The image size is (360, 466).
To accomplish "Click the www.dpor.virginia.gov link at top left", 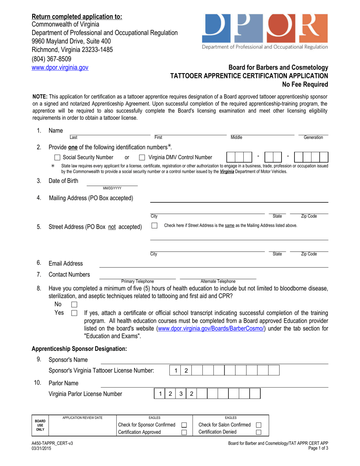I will pos(60,68).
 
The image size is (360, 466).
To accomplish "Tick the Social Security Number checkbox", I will pos(58,157).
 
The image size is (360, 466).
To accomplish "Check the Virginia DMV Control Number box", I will pos(142,157).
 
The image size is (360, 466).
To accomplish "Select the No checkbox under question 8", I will pos(74,305).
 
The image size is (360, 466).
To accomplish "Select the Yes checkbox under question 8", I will pos(74,313).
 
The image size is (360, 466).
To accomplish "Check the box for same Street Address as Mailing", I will pos(154,225).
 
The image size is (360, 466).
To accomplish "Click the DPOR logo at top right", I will pos(265,31).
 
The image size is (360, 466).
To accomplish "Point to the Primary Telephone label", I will pos(138,281).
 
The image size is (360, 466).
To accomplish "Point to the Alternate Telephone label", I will pos(218,281).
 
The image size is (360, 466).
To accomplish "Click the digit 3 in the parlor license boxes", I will pos(181,394).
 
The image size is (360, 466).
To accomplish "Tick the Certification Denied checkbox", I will pos(259,432).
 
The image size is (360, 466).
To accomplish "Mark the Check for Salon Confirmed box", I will pos(259,425).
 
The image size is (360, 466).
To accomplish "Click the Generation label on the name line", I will pos(313,138).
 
